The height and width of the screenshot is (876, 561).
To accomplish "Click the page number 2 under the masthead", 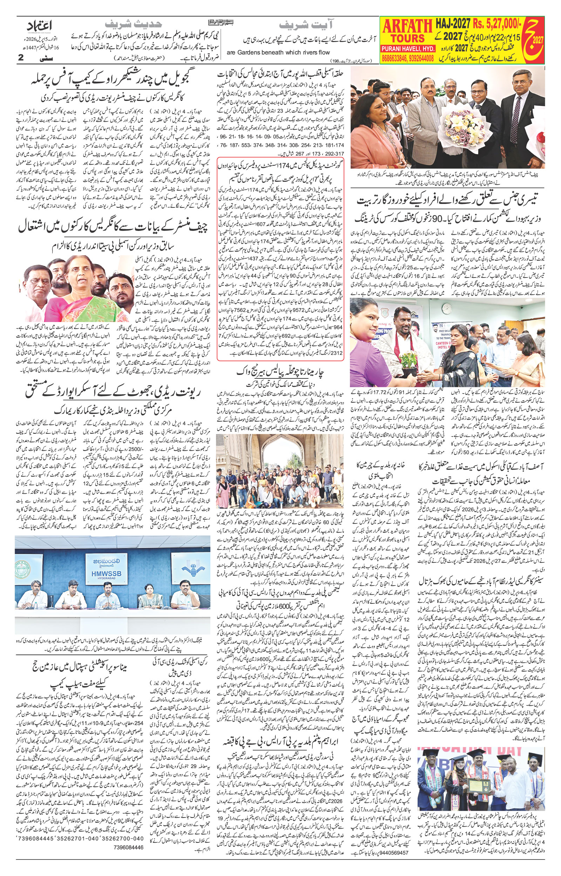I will [x=21, y=57].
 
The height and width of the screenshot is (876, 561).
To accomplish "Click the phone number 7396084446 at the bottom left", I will [x=130, y=847].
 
